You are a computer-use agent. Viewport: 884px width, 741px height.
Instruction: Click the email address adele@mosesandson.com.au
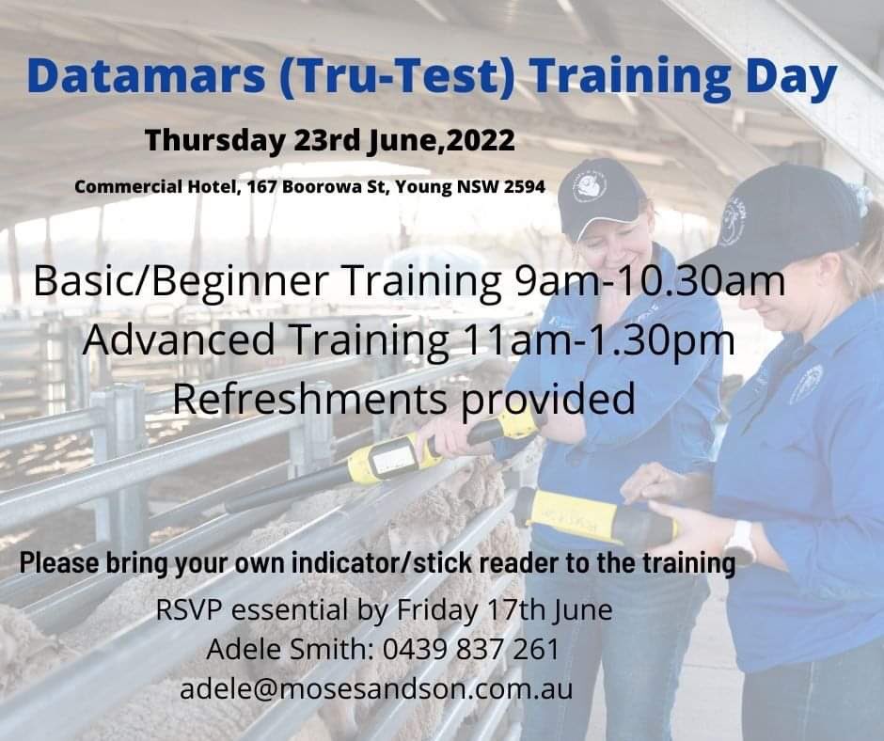coord(376,688)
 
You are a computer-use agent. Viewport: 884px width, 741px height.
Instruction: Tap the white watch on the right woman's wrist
coord(739,543)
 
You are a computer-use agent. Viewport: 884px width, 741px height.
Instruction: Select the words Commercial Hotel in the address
coord(154,186)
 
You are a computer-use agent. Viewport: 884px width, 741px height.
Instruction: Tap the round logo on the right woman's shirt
coord(806,385)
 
